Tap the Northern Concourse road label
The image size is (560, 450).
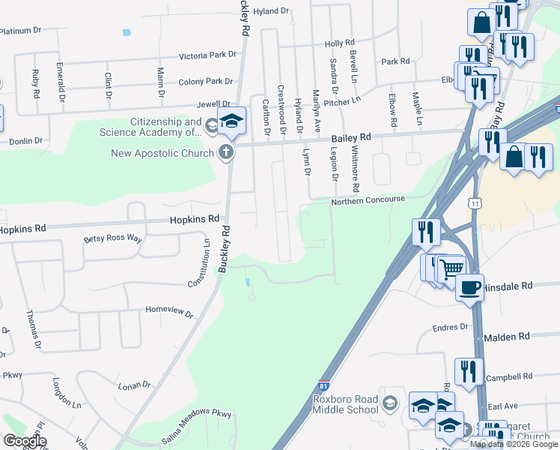pos(368,200)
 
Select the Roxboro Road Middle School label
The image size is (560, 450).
pos(345,404)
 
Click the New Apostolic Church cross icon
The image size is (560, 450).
pos(225,152)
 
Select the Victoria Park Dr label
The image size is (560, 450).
pos(207,55)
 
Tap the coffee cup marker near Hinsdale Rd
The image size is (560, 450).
pos(469,287)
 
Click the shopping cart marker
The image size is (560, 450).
pos(451,267)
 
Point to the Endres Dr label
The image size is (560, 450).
pos(451,327)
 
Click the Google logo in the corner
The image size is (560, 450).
pos(24,441)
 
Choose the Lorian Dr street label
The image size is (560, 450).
pos(135,385)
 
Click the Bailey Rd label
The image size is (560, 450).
pos(351,138)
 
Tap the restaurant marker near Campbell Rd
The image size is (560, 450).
pos(469,370)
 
